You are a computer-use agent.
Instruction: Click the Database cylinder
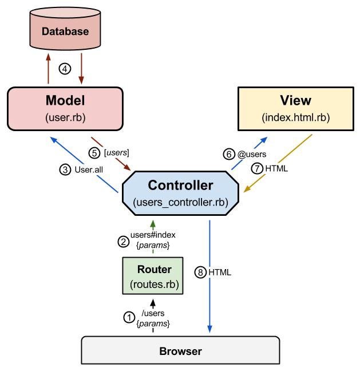click(x=65, y=30)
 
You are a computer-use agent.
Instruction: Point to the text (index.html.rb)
click(x=295, y=117)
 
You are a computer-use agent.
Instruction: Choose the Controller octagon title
click(x=181, y=185)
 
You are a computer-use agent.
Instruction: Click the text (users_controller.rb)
click(x=181, y=202)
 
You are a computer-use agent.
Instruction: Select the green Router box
click(x=153, y=276)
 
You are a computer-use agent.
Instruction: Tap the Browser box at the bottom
click(x=180, y=350)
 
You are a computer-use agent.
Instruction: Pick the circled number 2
click(x=122, y=242)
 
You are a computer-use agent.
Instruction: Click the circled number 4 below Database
click(x=65, y=69)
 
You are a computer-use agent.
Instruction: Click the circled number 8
click(x=200, y=273)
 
